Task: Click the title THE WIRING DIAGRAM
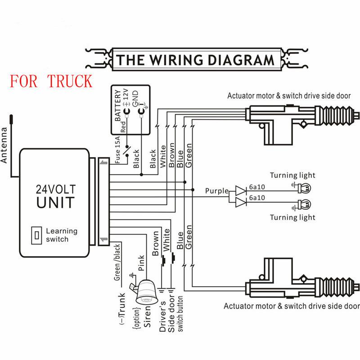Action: coord(195,59)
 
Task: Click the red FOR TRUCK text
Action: coord(51,81)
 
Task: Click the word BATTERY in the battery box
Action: coord(118,106)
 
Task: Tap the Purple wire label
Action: coord(217,191)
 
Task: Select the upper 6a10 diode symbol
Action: coord(241,191)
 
